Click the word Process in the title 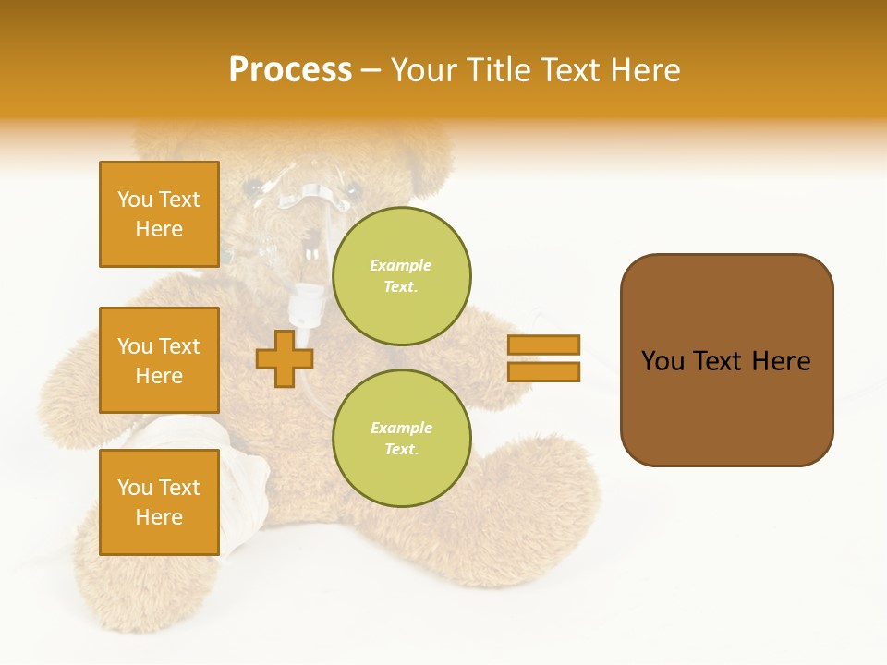point(290,70)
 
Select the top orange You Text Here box point(159,214)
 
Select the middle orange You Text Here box point(159,360)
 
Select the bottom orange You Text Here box point(159,502)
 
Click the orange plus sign point(284,359)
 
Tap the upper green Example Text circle point(401,276)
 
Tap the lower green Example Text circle point(401,439)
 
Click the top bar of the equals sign point(543,345)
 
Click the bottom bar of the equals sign point(543,371)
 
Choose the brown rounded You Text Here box point(726,360)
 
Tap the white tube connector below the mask point(305,305)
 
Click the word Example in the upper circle point(401,265)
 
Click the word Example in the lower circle point(401,428)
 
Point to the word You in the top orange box point(135,199)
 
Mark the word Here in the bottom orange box point(159,517)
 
